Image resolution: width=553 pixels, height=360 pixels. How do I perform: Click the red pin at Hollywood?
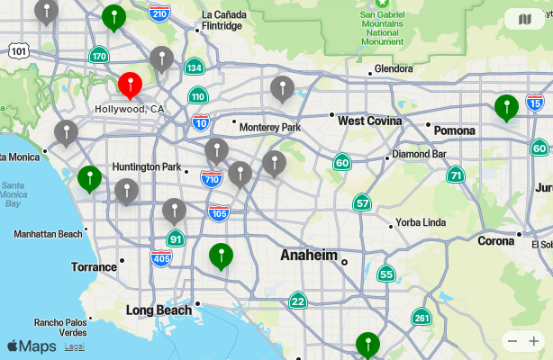coord(131,85)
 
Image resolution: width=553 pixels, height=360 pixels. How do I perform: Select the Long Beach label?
coord(159,310)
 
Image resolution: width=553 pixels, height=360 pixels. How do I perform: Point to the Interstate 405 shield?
coord(161,259)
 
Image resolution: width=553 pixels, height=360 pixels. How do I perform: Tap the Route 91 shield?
coord(176,238)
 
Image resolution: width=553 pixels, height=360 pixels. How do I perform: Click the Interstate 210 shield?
coord(160,13)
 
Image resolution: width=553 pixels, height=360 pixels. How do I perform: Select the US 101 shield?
coord(18,51)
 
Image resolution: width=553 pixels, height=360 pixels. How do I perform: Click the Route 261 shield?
coord(421,317)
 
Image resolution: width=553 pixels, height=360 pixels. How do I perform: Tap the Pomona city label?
coord(454,130)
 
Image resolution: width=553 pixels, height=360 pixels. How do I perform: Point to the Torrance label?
coord(95,266)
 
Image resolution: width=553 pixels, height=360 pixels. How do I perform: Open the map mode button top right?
coord(524,19)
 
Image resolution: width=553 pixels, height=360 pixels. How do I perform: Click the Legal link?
coord(75,346)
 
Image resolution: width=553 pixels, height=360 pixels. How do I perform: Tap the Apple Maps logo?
coord(32,346)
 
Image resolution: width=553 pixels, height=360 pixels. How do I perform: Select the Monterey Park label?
coord(270,127)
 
